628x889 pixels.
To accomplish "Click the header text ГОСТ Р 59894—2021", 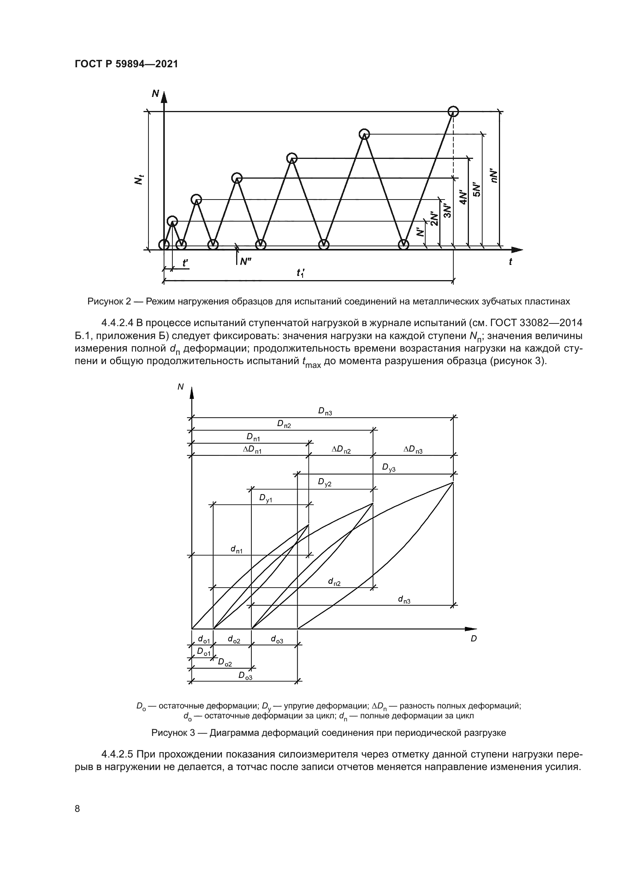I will click(126, 64).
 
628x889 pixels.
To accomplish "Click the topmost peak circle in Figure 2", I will click(453, 111).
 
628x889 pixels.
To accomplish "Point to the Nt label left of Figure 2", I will click(139, 179).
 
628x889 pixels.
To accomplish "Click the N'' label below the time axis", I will click(246, 262).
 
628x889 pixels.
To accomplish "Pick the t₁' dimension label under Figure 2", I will click(301, 273).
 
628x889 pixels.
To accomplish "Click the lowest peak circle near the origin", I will click(172, 221).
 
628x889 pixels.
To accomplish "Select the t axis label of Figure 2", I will click(510, 262).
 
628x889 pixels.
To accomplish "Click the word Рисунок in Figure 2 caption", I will click(103, 301).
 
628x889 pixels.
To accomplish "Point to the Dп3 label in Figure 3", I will click(325, 412).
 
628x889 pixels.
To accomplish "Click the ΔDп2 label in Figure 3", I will click(341, 450).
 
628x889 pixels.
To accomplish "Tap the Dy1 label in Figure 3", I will click(266, 498).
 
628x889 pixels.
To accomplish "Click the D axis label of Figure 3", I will click(473, 639).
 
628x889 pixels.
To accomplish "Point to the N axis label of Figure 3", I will click(180, 387).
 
